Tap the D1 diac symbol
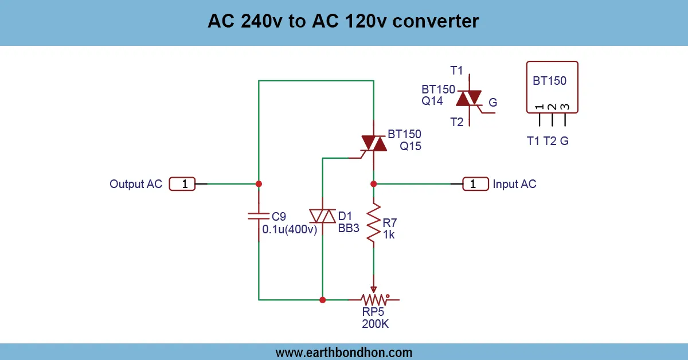(x=322, y=216)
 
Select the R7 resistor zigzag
(x=374, y=224)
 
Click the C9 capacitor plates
(x=259, y=216)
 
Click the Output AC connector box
(x=182, y=184)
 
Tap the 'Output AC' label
(x=136, y=184)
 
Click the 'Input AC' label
(x=514, y=184)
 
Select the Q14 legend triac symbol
(x=470, y=99)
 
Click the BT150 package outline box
(x=552, y=87)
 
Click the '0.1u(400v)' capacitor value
(x=290, y=229)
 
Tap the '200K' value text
(x=376, y=324)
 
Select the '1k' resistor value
(x=389, y=234)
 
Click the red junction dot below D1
(x=322, y=300)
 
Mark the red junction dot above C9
(x=259, y=184)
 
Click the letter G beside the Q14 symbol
(x=492, y=103)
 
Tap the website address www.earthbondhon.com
(x=344, y=353)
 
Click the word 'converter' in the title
(x=436, y=22)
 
